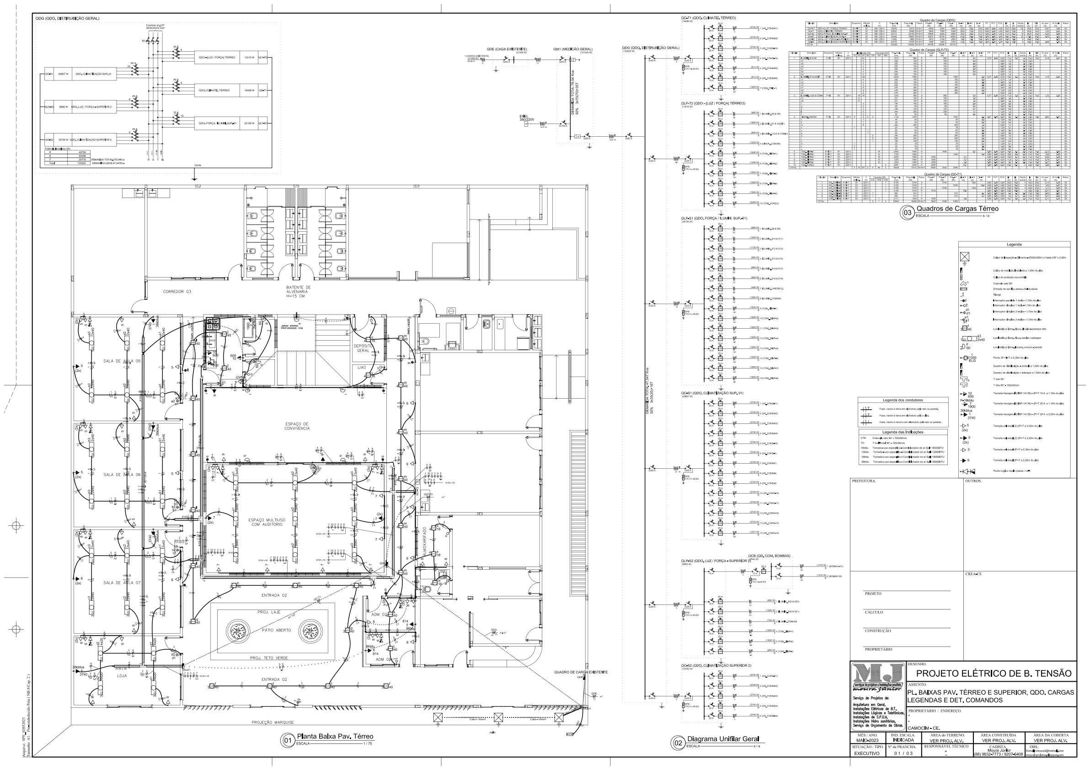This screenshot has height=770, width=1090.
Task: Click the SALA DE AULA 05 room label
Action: tap(122, 361)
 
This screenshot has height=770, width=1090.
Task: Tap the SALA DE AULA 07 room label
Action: tap(122, 583)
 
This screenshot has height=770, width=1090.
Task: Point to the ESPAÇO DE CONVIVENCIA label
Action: tap(297, 426)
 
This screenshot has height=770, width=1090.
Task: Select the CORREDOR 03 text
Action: tap(176, 291)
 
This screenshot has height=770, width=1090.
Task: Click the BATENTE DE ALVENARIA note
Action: tap(298, 291)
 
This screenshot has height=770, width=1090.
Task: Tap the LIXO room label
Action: tap(362, 368)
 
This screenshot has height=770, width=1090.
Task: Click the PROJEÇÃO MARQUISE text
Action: tap(273, 722)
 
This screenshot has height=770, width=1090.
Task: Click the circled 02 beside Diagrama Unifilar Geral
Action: tap(678, 743)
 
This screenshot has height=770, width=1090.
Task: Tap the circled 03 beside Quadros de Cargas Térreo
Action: tap(907, 213)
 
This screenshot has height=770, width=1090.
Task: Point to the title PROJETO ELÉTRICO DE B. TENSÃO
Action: tap(994, 673)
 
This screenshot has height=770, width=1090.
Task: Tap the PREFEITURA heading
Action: tap(864, 481)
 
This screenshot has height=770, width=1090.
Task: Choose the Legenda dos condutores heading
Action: tap(903, 400)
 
